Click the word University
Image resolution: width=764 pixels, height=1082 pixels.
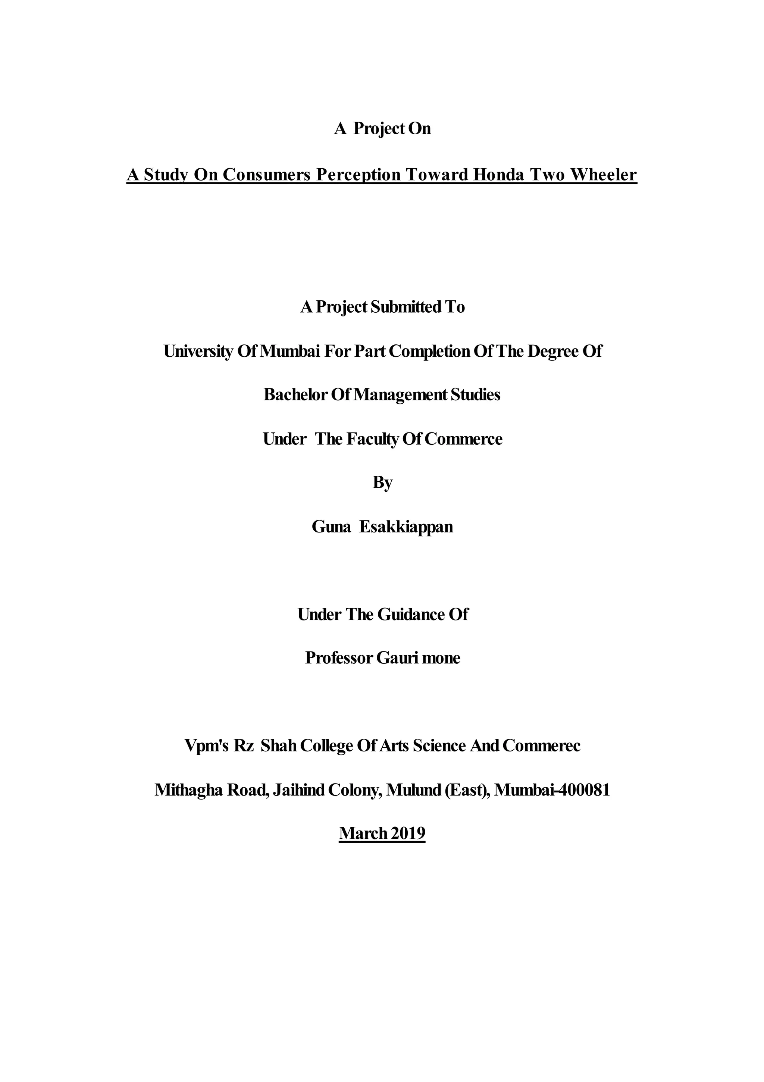198,351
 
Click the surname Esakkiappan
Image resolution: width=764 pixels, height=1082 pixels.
406,526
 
